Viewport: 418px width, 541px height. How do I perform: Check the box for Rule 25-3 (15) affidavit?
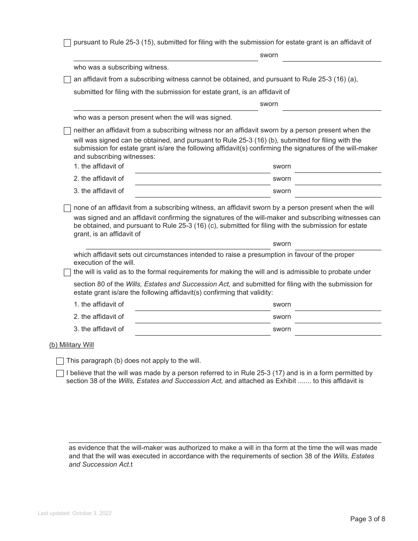point(67,43)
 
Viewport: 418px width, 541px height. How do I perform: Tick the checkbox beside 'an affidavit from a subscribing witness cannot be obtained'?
point(67,80)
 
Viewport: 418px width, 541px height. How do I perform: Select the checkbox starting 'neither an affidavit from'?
point(67,131)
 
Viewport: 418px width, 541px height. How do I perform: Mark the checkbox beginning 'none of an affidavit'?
point(67,208)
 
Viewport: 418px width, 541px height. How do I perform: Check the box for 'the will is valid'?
point(67,272)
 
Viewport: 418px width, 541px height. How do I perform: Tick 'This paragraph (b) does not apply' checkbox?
point(60,361)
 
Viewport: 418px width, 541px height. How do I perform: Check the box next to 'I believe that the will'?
point(60,373)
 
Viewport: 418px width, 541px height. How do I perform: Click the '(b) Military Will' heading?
point(71,345)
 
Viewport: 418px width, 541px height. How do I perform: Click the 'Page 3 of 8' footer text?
point(367,519)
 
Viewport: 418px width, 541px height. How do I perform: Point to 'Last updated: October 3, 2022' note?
point(74,513)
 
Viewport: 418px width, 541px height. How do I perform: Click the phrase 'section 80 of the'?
point(99,284)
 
